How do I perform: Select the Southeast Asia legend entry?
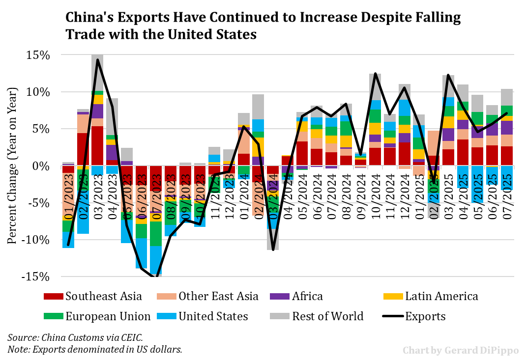point(103,296)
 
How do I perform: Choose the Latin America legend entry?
point(441,296)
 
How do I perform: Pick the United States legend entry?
point(213,316)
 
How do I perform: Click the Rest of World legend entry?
point(327,316)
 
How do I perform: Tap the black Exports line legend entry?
point(425,316)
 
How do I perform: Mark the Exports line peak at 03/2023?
point(97,60)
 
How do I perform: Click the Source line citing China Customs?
point(75,338)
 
